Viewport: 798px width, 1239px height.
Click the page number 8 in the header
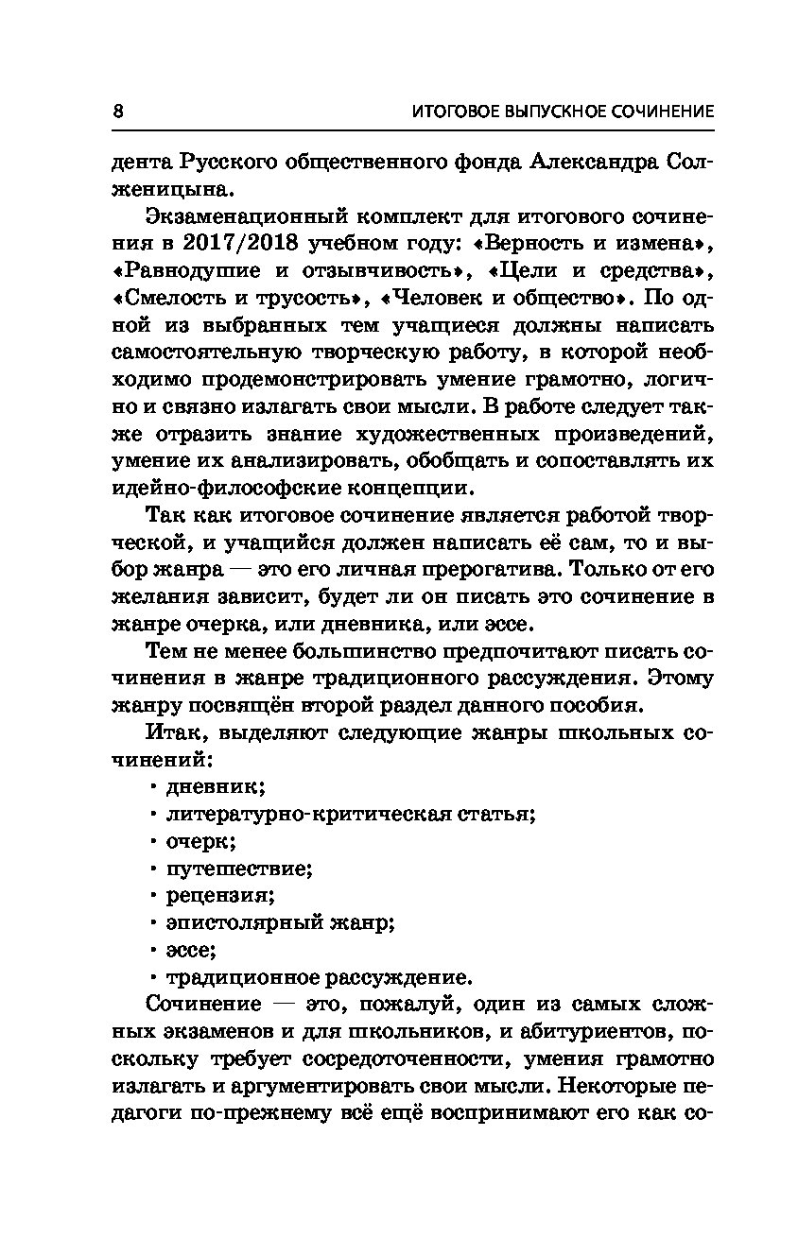(x=118, y=111)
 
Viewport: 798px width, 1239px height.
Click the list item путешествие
(x=238, y=868)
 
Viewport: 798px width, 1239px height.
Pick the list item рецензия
(x=219, y=895)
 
